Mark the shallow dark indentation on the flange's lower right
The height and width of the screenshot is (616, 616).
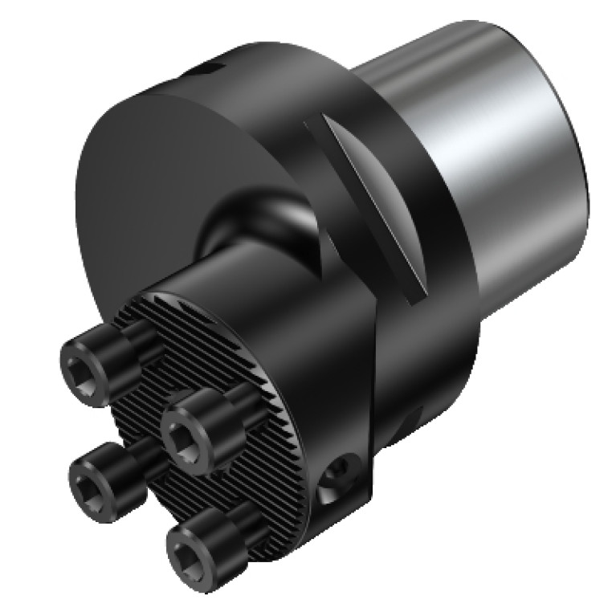tap(411, 418)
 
